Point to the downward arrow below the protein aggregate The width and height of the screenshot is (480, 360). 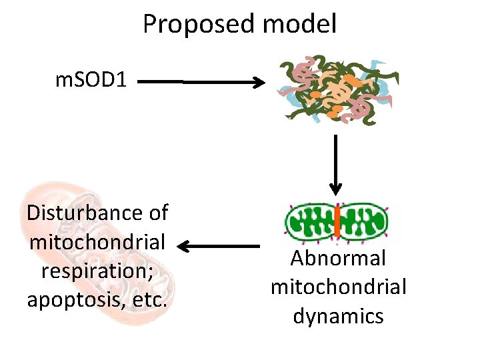point(335,167)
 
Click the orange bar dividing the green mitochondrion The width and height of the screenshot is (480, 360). point(337,222)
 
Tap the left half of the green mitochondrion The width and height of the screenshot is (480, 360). point(310,223)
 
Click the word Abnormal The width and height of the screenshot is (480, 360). point(338,259)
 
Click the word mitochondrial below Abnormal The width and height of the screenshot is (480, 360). point(338,287)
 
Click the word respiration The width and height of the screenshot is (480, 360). point(97,271)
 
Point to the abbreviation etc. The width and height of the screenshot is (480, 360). point(147,300)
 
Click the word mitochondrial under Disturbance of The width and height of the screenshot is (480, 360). point(97,242)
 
